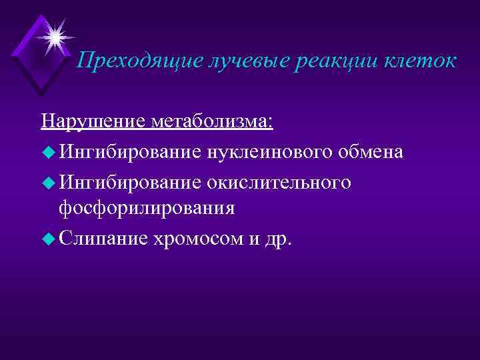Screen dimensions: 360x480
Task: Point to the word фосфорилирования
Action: (147, 207)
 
